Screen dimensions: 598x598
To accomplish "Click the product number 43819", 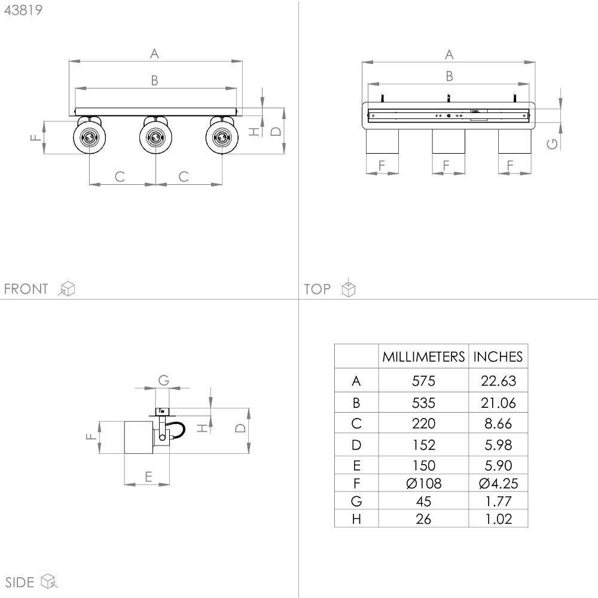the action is pyautogui.click(x=23, y=10).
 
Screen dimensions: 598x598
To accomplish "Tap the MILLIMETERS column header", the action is pyautogui.click(x=423, y=356).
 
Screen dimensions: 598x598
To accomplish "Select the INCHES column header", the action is pyautogui.click(x=498, y=356).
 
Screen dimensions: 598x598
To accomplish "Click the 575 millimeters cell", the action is pyautogui.click(x=423, y=380).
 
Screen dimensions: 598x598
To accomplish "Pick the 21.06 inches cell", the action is pyautogui.click(x=498, y=402).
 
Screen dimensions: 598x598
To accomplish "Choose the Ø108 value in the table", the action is pyautogui.click(x=424, y=484).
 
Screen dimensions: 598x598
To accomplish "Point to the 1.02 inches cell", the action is pyautogui.click(x=499, y=518).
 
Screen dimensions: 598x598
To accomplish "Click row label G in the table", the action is pyautogui.click(x=356, y=501).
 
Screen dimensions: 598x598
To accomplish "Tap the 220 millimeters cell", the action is pyautogui.click(x=423, y=423).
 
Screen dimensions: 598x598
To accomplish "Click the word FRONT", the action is pyautogui.click(x=26, y=289).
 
